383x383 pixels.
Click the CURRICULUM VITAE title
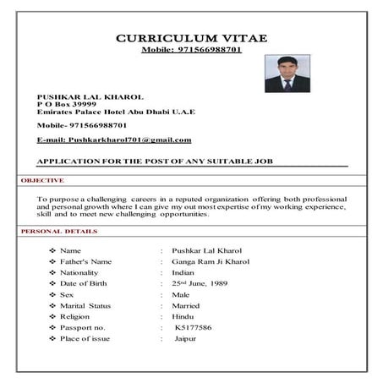click(191, 38)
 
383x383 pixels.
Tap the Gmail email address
click(114, 139)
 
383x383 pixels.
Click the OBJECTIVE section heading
click(42, 180)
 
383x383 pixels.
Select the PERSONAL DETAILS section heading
click(58, 231)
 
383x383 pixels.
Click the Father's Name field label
click(86, 262)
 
